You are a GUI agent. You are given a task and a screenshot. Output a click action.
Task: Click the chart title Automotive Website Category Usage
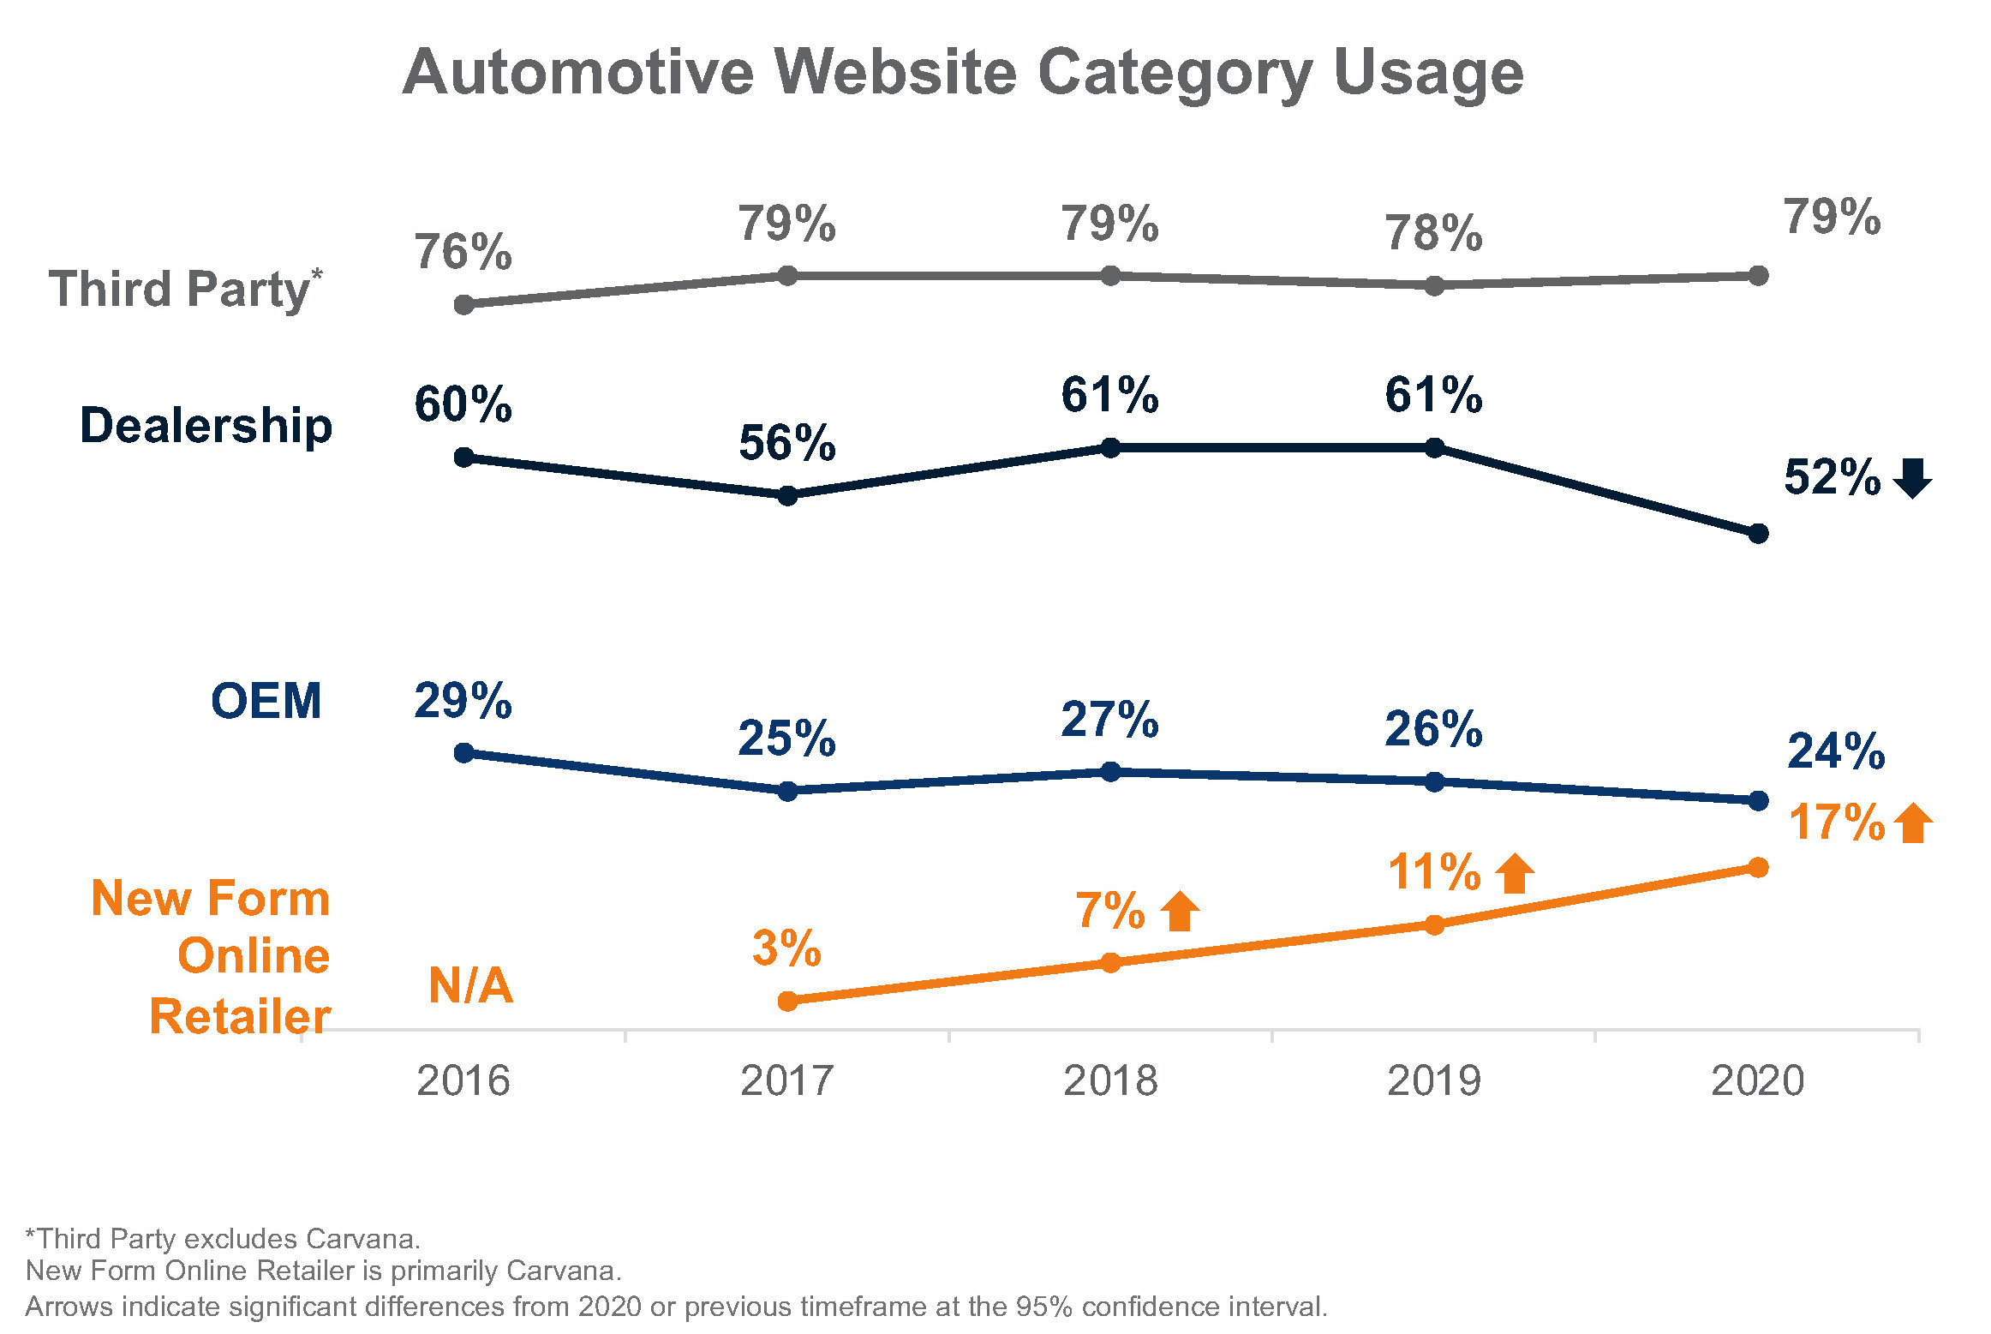(963, 72)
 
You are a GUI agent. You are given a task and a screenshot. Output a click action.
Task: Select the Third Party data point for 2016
(463, 305)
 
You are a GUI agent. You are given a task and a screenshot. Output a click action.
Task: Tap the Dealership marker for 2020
(1758, 534)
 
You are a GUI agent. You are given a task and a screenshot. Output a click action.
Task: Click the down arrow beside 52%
(1912, 478)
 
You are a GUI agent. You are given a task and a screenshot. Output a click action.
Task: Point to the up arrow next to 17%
(1913, 823)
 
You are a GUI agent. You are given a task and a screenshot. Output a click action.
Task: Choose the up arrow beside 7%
(1180, 911)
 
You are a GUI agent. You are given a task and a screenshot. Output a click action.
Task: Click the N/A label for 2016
(470, 985)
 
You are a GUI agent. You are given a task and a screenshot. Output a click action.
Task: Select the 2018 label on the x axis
(1110, 1081)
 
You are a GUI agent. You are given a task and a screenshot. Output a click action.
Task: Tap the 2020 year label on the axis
(1757, 1081)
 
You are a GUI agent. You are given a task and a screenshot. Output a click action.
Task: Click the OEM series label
(266, 701)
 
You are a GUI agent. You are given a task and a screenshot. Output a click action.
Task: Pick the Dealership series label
(206, 426)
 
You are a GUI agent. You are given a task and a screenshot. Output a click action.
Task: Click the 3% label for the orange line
(786, 948)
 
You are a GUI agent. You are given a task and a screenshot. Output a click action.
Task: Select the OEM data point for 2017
(787, 791)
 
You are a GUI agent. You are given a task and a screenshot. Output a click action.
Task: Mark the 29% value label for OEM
(463, 701)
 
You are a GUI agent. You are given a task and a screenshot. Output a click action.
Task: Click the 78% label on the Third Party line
(1433, 234)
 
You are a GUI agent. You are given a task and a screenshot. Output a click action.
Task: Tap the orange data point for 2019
(1434, 924)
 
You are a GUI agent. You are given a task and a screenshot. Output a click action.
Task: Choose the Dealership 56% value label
(786, 443)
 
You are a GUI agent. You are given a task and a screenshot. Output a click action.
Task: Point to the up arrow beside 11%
(1515, 873)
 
